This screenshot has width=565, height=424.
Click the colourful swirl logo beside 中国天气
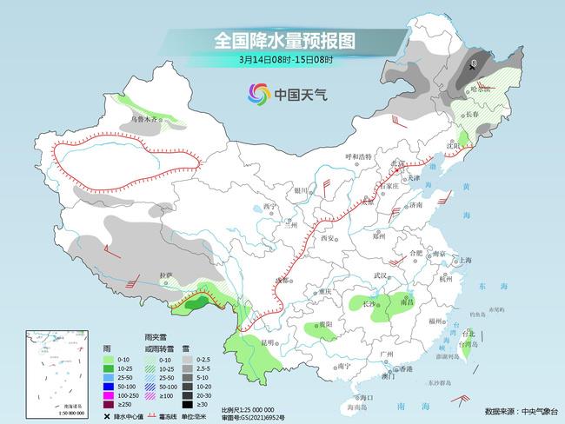(x=258, y=93)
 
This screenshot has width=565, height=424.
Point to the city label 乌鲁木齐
(x=146, y=117)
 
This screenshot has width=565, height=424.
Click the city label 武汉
(x=379, y=275)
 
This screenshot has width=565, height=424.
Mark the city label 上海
(x=466, y=260)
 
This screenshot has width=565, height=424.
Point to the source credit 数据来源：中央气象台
(x=519, y=410)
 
